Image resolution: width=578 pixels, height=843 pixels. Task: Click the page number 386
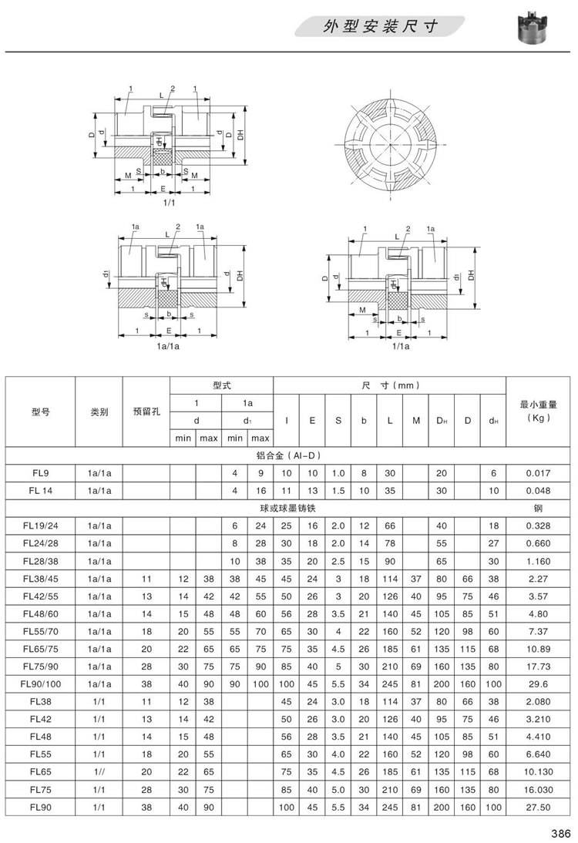560,831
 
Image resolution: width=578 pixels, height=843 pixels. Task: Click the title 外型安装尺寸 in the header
381,28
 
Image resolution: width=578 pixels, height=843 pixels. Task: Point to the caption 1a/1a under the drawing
169,348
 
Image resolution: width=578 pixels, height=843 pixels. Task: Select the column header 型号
41,411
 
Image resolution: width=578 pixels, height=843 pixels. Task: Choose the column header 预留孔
146,411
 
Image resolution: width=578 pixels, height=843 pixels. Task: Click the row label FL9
41,472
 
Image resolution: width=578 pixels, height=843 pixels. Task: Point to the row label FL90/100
41,683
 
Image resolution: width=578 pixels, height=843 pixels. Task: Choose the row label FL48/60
41,614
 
